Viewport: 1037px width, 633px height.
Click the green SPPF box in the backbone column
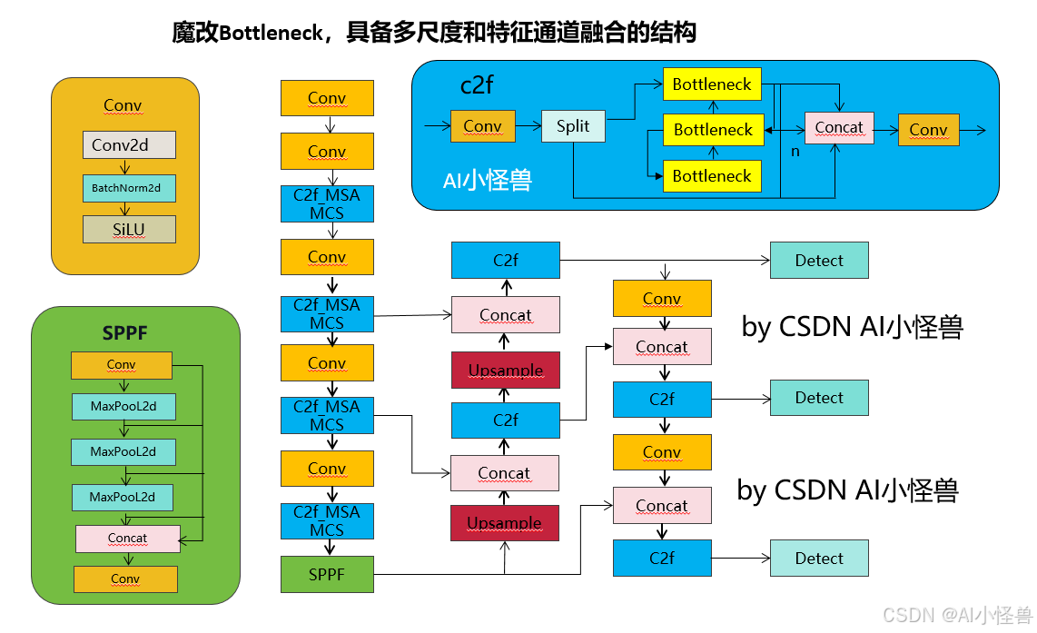click(x=327, y=575)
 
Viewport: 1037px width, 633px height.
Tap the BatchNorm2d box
click(x=128, y=188)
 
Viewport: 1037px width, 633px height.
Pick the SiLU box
click(x=129, y=230)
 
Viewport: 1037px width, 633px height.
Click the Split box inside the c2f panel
click(x=573, y=126)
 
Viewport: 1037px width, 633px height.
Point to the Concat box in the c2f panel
click(x=839, y=128)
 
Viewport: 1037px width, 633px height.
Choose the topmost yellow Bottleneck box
click(x=712, y=84)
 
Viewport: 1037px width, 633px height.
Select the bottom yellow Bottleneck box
click(x=712, y=175)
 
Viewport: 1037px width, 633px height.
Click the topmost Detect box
click(x=819, y=261)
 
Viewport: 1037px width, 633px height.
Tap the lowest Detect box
click(x=819, y=559)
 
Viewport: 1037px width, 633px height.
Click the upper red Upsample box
click(x=506, y=371)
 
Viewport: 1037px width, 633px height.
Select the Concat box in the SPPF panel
click(x=127, y=539)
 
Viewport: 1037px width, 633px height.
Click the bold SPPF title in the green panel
click(x=124, y=333)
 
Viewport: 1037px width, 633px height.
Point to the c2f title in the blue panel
click(x=477, y=85)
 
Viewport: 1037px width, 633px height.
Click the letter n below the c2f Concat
click(x=795, y=152)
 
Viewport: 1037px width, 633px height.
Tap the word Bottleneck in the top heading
click(x=271, y=34)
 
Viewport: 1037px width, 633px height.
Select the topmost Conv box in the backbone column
click(x=327, y=98)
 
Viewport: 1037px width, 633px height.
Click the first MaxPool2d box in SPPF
click(x=123, y=407)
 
